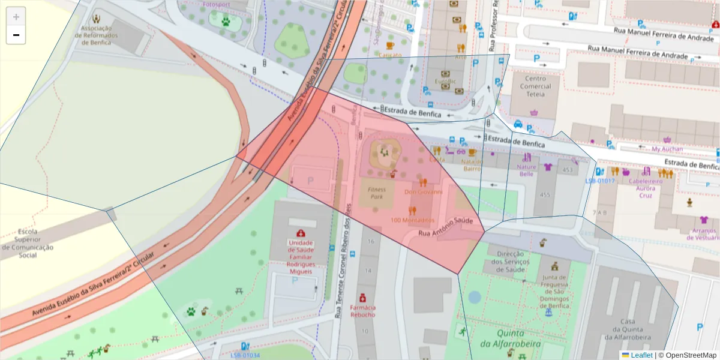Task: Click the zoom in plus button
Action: click(x=16, y=17)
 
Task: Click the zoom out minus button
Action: click(x=16, y=35)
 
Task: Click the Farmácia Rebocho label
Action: click(x=362, y=311)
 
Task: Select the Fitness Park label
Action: click(x=377, y=193)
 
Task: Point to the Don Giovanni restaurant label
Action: click(x=423, y=192)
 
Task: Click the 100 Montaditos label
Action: click(x=412, y=220)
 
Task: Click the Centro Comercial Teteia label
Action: click(x=535, y=86)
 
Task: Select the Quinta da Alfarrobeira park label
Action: click(x=510, y=338)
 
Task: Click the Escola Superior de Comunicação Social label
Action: click(x=28, y=243)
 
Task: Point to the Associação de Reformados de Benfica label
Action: click(x=96, y=32)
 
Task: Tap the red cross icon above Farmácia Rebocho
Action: click(x=362, y=298)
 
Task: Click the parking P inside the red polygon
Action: click(x=310, y=180)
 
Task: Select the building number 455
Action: click(x=545, y=195)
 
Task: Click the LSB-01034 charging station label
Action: click(x=245, y=355)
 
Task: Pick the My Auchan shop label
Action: click(x=667, y=149)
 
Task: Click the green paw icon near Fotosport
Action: click(x=226, y=22)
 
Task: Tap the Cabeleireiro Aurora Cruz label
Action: click(x=645, y=188)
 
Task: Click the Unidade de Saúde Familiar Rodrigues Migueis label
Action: click(x=300, y=257)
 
